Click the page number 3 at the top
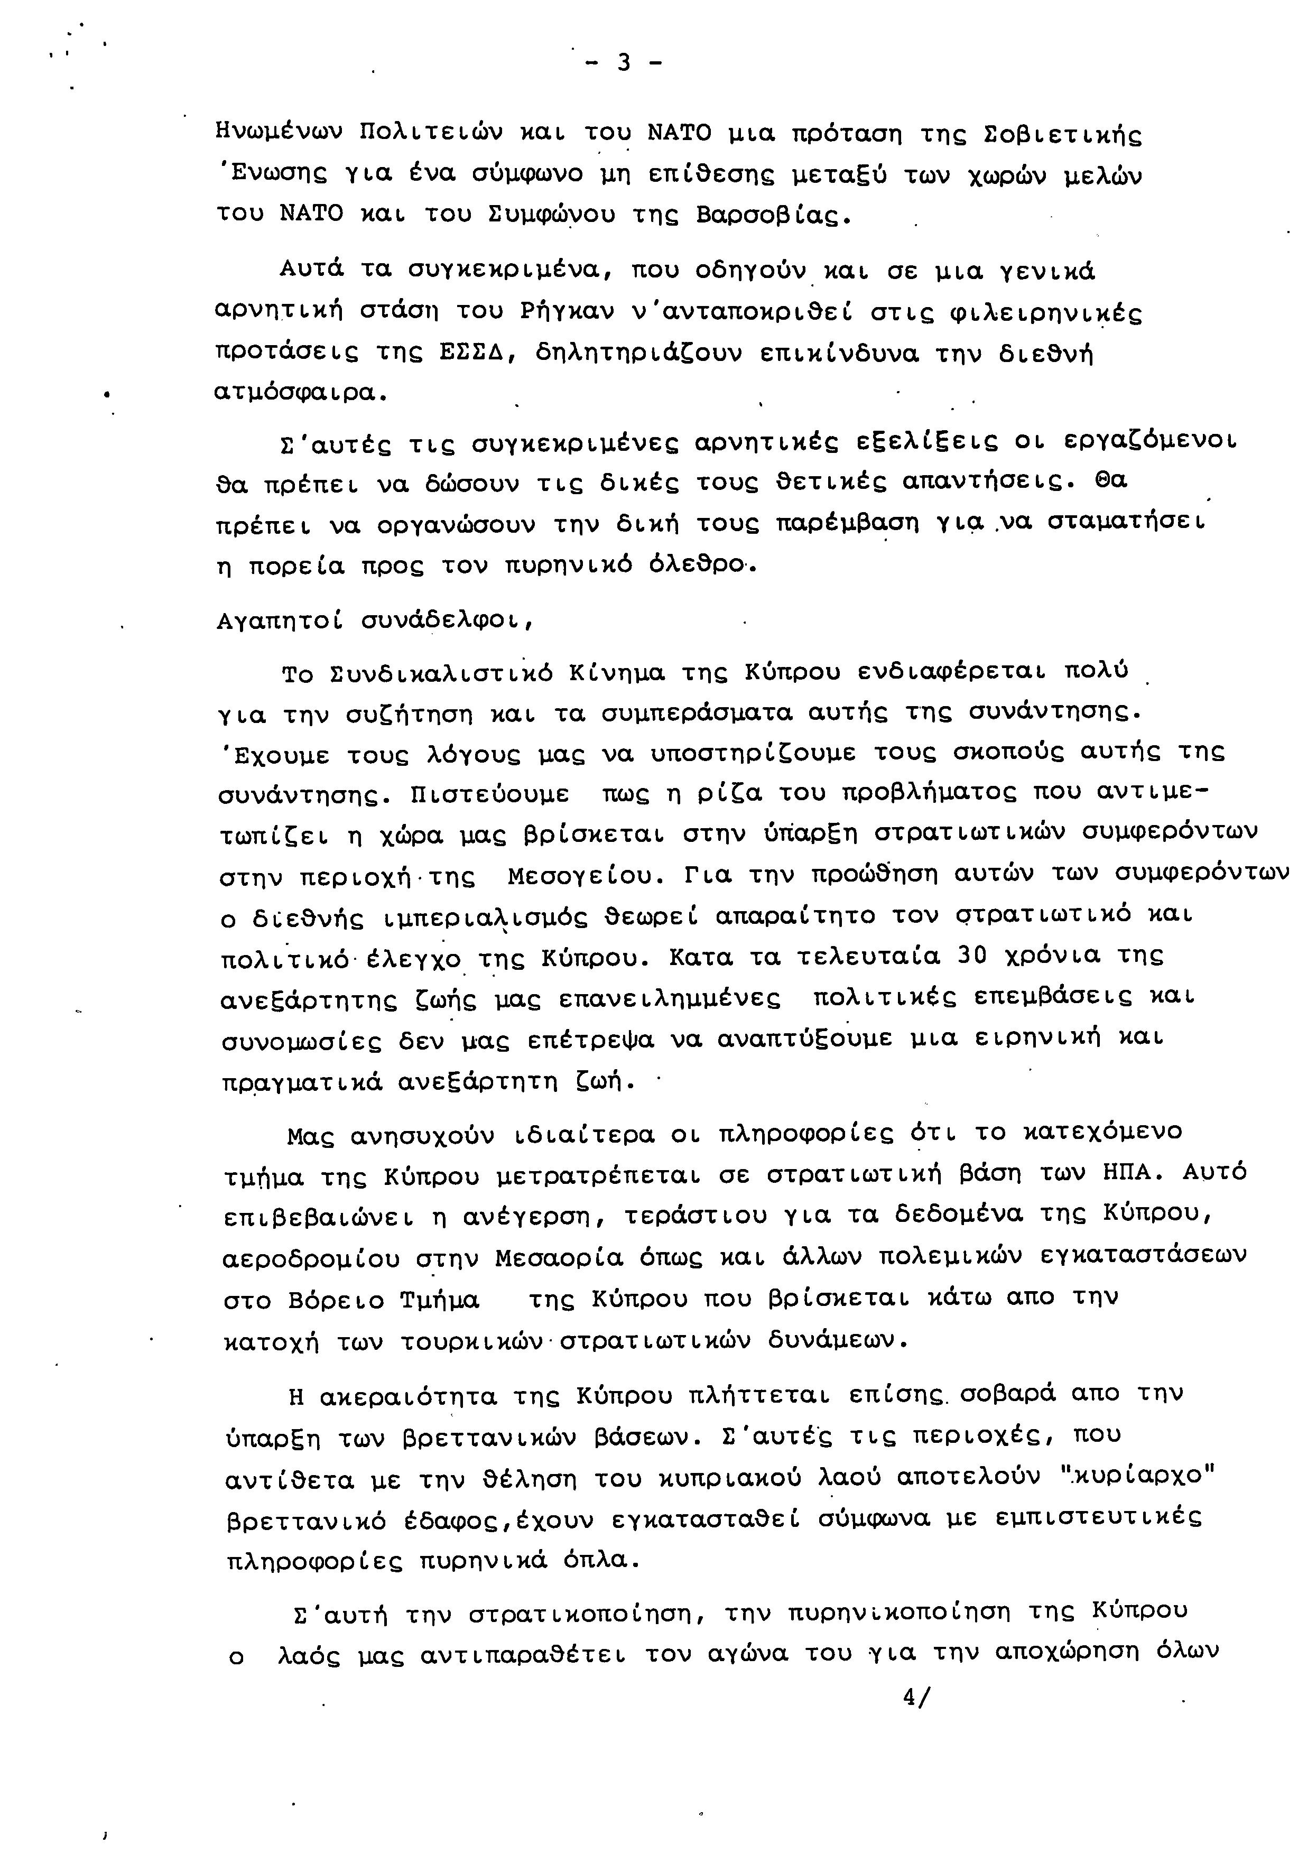623,63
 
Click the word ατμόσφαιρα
295,394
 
